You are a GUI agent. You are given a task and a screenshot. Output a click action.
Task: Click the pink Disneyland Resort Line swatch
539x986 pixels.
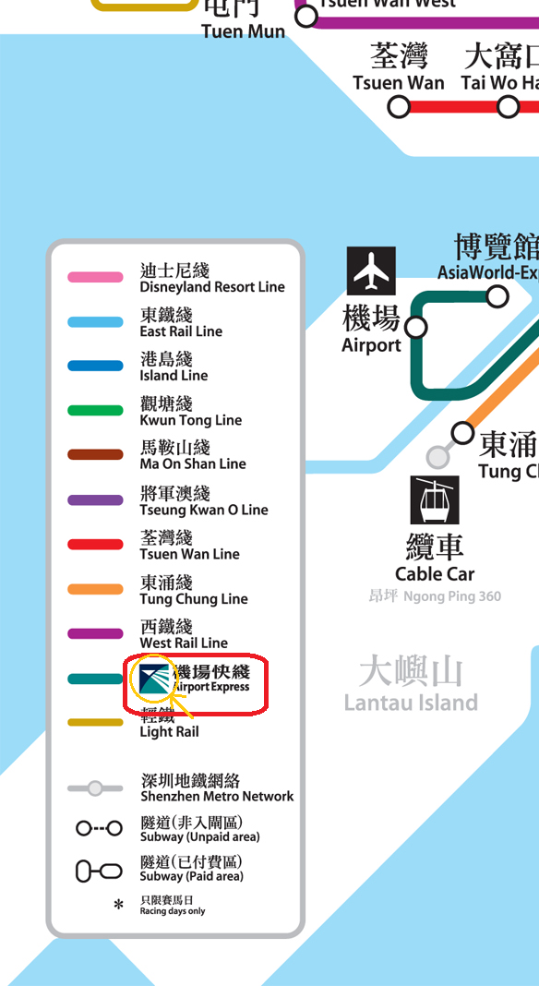[95, 277]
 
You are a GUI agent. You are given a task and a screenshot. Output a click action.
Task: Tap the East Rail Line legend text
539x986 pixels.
[181, 323]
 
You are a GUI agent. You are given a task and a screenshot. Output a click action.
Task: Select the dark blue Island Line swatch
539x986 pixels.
[95, 366]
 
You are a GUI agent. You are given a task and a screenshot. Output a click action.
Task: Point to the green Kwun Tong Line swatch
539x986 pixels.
[95, 410]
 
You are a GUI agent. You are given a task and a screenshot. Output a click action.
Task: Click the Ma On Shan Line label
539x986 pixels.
[192, 455]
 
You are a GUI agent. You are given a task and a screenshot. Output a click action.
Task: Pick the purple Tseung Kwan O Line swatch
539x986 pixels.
[95, 499]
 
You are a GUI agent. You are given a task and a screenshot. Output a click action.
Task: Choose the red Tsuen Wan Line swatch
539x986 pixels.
[95, 544]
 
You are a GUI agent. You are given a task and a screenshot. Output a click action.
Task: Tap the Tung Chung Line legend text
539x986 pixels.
[194, 590]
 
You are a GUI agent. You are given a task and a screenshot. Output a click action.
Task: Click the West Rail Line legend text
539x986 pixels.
[184, 634]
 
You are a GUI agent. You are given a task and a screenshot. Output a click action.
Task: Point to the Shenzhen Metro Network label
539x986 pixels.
[217, 788]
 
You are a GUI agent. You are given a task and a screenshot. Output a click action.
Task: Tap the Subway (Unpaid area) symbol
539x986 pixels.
[99, 828]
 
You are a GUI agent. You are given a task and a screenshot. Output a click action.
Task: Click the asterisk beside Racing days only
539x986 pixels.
[118, 906]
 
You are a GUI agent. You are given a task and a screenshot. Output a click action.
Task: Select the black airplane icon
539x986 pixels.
[372, 271]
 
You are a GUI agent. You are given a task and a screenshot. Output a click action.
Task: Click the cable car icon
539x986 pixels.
[434, 499]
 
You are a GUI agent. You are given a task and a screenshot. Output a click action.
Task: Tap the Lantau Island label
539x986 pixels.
[411, 685]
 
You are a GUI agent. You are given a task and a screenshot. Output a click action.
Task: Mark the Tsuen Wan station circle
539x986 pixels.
[399, 107]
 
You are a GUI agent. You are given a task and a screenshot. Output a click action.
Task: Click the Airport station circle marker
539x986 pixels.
[416, 328]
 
